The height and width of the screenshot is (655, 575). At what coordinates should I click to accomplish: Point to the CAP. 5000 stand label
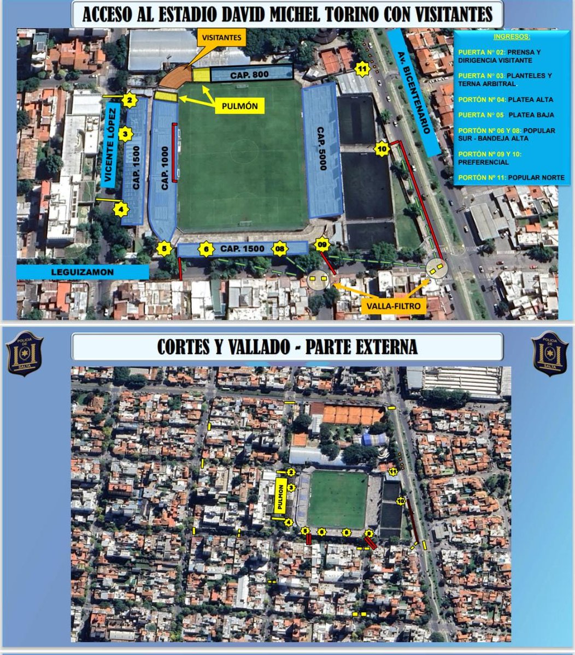[x=322, y=148]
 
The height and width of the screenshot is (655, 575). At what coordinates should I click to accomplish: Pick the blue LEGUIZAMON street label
[x=82, y=271]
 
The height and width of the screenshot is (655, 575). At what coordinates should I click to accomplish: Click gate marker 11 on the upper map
[x=362, y=69]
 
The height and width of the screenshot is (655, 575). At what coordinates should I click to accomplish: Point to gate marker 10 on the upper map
[x=382, y=148]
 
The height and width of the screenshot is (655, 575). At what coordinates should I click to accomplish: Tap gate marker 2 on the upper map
[x=129, y=100]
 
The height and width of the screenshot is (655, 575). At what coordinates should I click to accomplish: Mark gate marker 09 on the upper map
[x=322, y=243]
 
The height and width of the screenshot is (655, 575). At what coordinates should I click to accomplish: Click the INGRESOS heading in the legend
[x=511, y=37]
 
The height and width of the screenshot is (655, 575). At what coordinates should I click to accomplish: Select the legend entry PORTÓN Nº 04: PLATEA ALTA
[x=506, y=100]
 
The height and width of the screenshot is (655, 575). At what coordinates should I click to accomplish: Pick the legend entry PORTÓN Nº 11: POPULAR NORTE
[x=511, y=178]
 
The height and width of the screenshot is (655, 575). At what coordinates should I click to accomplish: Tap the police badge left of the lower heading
[x=25, y=353]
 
